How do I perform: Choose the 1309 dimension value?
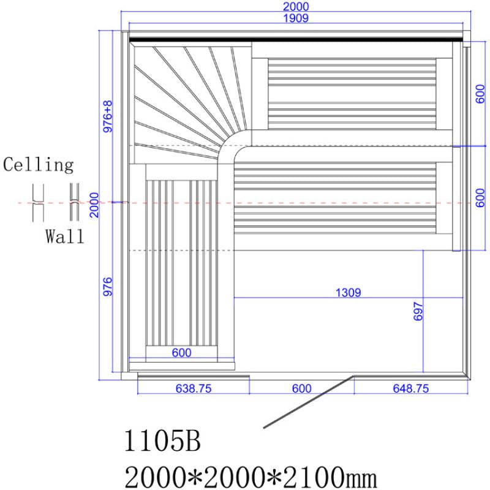point(348,293)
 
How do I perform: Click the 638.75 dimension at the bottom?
point(194,388)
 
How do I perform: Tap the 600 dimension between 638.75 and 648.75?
point(301,388)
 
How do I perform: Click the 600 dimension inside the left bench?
point(182,353)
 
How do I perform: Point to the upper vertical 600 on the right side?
point(481,92)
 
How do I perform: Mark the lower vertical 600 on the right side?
point(481,197)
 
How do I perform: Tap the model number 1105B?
point(162,442)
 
